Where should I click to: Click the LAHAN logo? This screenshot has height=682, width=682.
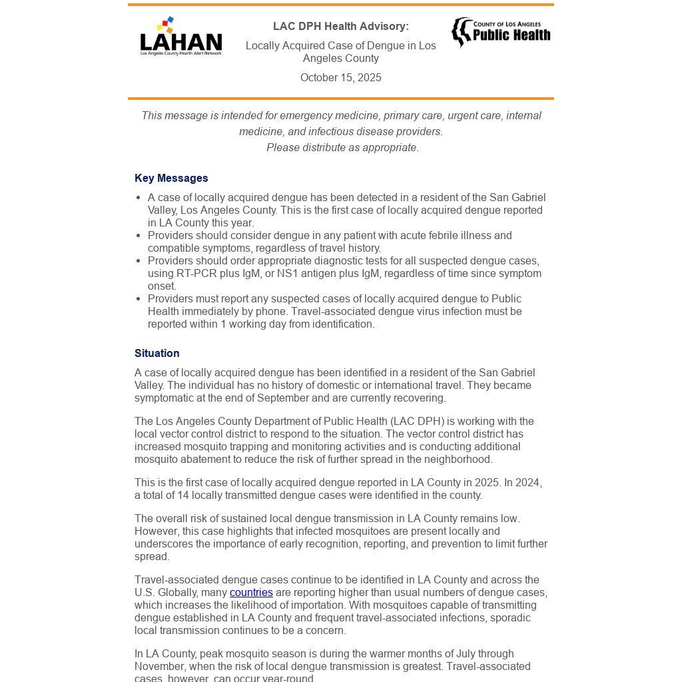[180, 37]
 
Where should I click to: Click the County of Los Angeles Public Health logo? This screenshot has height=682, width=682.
[501, 32]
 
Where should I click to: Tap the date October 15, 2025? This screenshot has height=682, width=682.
[340, 78]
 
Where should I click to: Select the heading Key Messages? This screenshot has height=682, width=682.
[171, 178]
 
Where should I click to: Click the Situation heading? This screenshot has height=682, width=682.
[157, 354]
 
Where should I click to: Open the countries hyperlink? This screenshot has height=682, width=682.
[251, 593]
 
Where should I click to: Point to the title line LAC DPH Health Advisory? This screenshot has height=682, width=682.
[340, 27]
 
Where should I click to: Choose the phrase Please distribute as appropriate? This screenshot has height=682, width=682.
[342, 148]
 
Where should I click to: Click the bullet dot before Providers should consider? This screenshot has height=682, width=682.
[138, 236]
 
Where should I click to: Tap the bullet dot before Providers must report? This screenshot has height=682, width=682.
[138, 299]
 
